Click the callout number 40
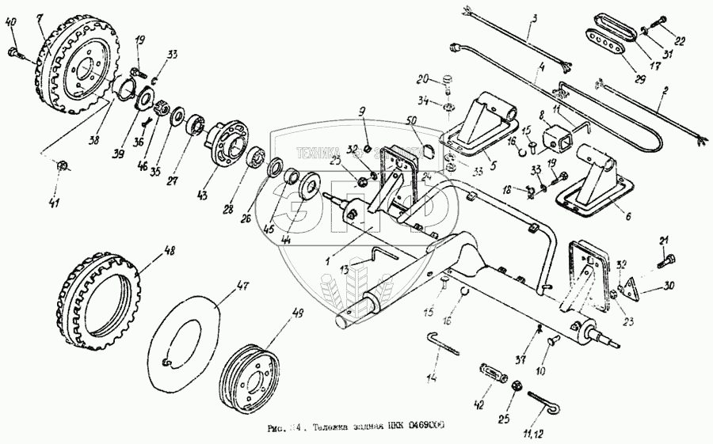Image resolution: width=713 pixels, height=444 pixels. tap(10, 22)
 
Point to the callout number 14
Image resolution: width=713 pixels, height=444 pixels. tap(432, 379)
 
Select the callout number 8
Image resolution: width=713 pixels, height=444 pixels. tap(541, 114)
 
